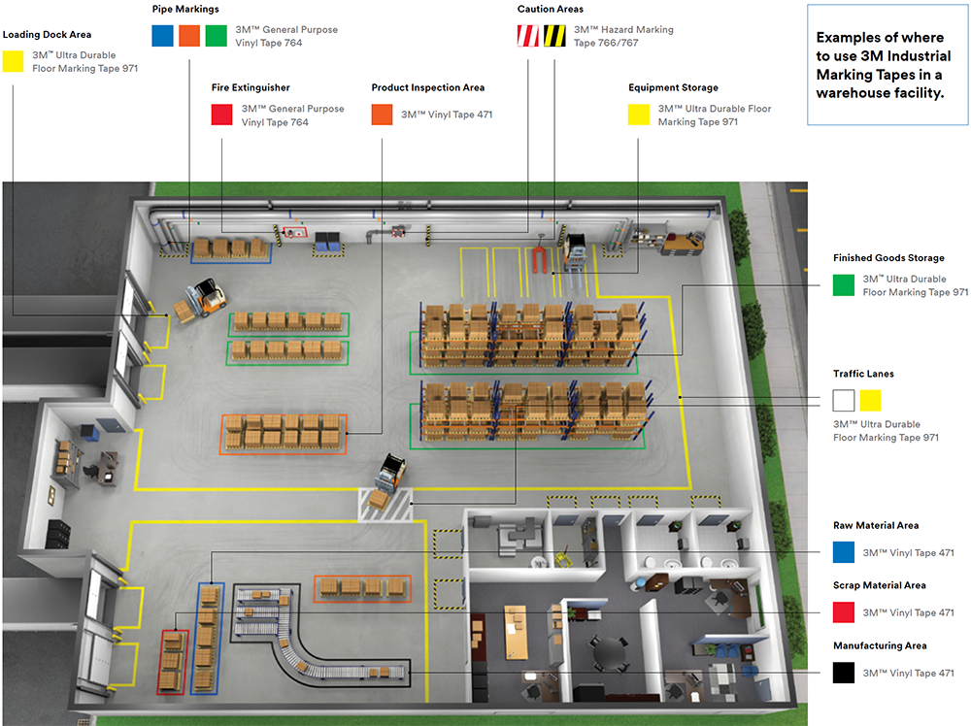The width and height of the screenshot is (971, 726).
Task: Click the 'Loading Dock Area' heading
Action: pos(47,35)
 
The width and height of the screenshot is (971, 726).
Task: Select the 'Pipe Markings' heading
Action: pos(185,9)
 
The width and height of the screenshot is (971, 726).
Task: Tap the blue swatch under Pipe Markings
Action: pos(162,36)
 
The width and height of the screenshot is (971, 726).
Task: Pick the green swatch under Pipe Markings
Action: pos(216,36)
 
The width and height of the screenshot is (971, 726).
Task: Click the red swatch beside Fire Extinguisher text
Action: pos(222,115)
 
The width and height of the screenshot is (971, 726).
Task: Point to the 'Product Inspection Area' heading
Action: pos(427,87)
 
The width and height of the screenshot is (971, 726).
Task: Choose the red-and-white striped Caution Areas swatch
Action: pos(526,36)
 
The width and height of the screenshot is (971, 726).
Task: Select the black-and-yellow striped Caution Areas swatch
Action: pos(554,36)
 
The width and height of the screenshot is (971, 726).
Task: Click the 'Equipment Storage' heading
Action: pos(673,87)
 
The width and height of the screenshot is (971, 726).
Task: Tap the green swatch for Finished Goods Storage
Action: pos(844,284)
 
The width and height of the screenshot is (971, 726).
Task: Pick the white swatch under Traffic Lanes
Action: pos(844,400)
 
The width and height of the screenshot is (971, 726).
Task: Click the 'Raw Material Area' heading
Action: pos(876,525)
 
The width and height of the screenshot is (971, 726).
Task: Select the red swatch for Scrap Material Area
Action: pos(844,612)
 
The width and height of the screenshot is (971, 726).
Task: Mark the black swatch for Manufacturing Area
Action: pos(844,673)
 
